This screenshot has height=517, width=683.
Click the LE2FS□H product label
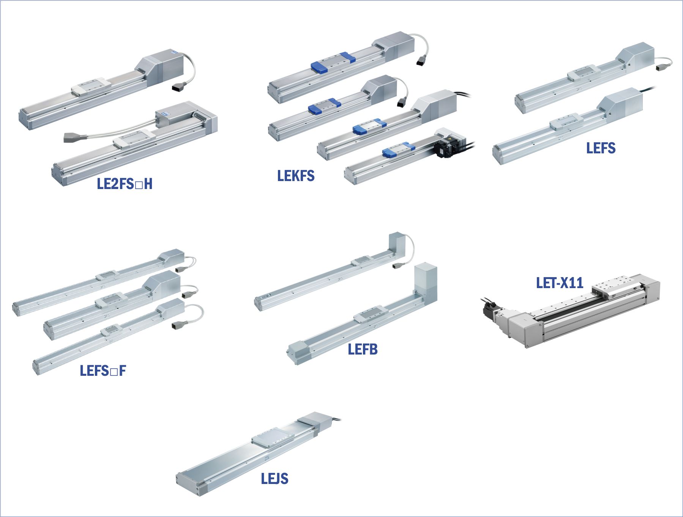pyautogui.click(x=125, y=184)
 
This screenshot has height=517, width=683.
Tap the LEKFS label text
pyautogui.click(x=296, y=176)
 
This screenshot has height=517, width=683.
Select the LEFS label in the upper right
pyautogui.click(x=601, y=148)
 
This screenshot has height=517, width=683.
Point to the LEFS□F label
pyautogui.click(x=103, y=370)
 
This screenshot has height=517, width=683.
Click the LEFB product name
pyautogui.click(x=363, y=349)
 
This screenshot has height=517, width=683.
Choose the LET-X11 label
pyautogui.click(x=559, y=283)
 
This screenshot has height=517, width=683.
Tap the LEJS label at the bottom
pyautogui.click(x=274, y=478)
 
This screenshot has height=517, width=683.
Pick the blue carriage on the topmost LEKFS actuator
pyautogui.click(x=333, y=62)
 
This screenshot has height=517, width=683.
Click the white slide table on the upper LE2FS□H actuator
pyautogui.click(x=91, y=87)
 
